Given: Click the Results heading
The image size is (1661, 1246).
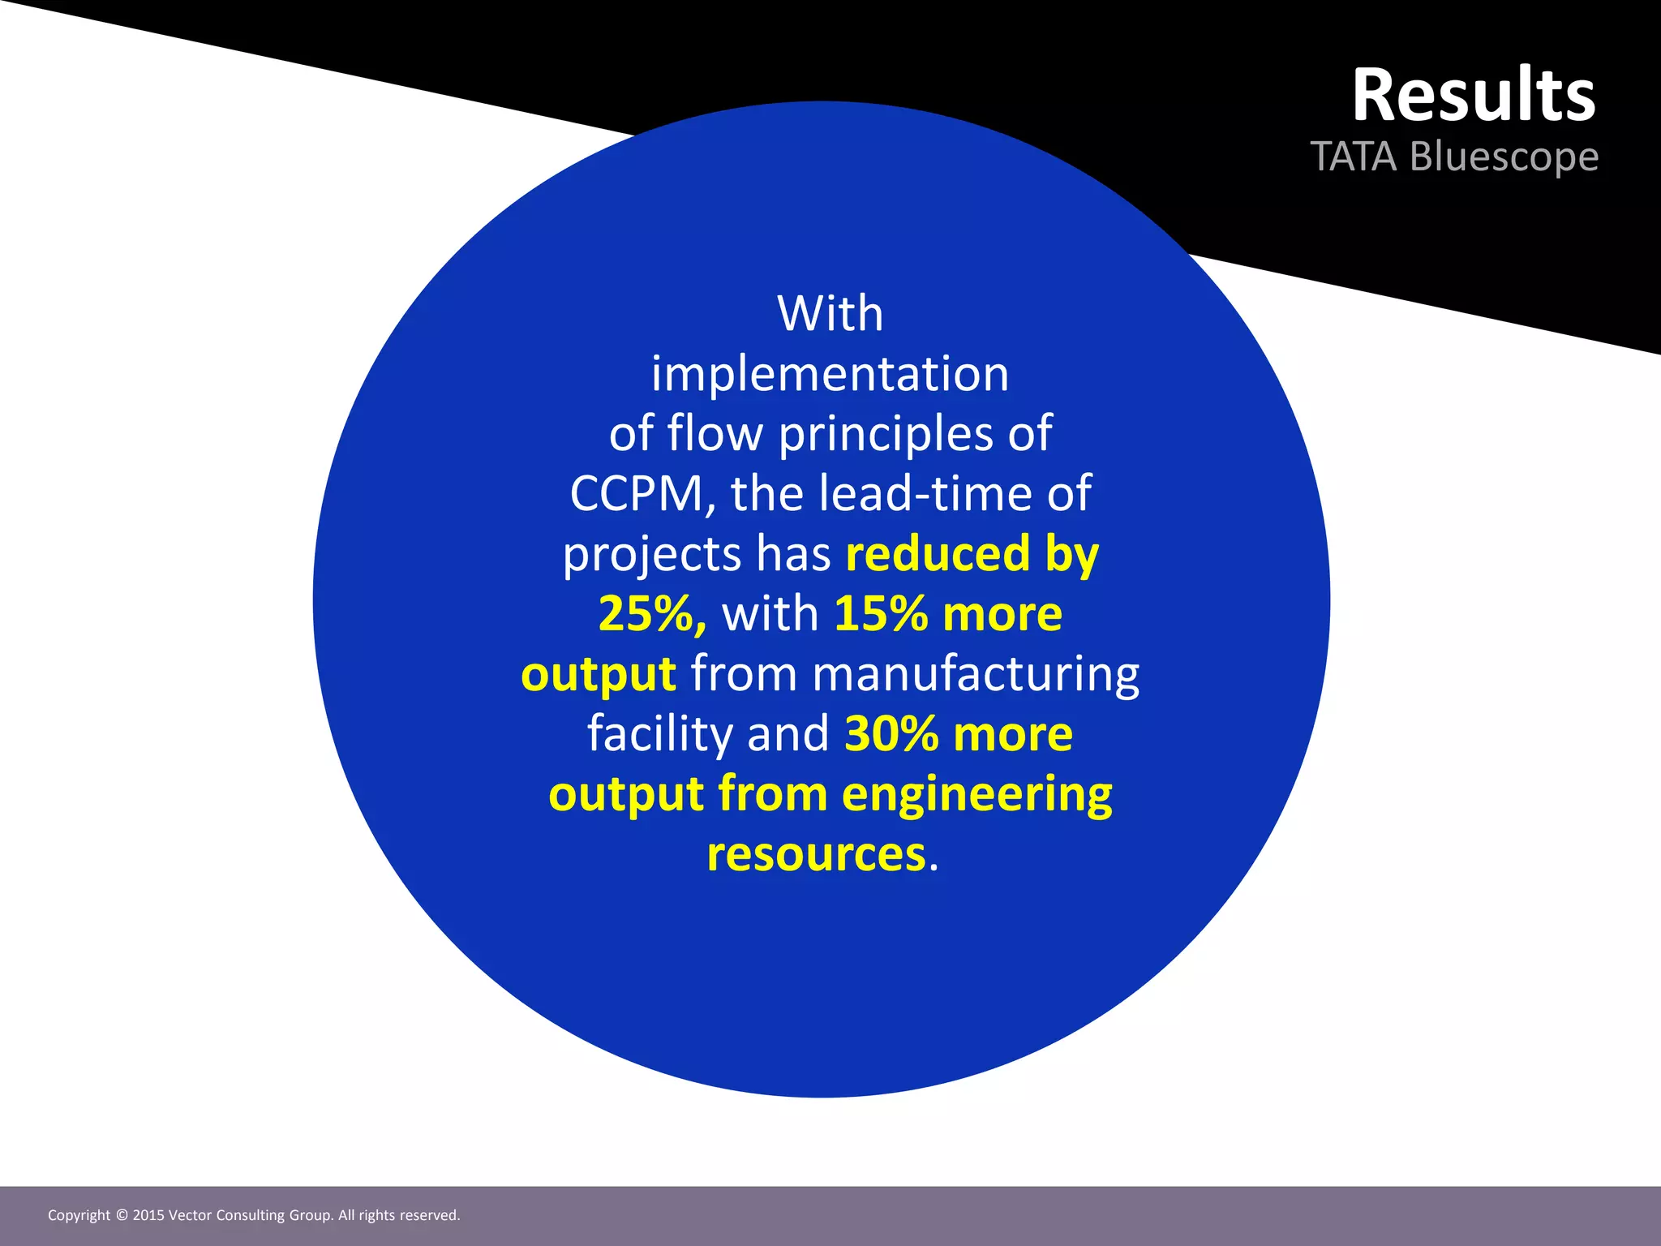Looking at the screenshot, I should tap(1473, 96).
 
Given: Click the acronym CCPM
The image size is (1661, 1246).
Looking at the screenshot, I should tap(636, 493).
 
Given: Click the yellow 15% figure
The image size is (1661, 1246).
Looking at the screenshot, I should tap(881, 613).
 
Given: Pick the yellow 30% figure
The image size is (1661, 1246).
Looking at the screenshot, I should tap(891, 733).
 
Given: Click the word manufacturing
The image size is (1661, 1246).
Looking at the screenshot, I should tap(975, 674).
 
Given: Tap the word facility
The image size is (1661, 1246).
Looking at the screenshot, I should tap(659, 733).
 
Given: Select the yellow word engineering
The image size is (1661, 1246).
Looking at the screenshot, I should tap(976, 794).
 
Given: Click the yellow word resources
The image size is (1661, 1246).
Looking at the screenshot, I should tap(815, 854).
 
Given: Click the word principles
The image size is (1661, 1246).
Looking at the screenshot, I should tap(885, 434).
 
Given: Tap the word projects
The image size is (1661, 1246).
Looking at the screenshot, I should tap(652, 555).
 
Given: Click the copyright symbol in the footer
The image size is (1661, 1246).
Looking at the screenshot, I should tap(122, 1215).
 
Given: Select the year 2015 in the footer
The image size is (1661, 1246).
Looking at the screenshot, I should tap(148, 1215).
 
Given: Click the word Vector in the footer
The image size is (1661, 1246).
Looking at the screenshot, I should tap(190, 1215).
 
